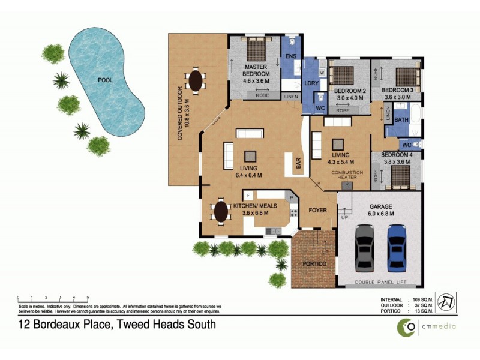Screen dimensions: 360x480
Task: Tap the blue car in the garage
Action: pyautogui.click(x=396, y=246)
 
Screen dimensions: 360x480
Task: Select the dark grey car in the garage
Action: pyautogui.click(x=366, y=247)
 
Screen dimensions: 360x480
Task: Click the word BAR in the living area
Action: pyautogui.click(x=297, y=163)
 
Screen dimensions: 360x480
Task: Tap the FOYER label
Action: pyautogui.click(x=317, y=211)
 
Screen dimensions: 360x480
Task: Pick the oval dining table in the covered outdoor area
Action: pyautogui.click(x=196, y=79)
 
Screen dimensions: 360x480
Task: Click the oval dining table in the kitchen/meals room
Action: pyautogui.click(x=220, y=212)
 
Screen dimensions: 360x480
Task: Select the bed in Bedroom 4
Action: pyautogui.click(x=399, y=176)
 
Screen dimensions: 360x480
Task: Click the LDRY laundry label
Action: pyautogui.click(x=311, y=83)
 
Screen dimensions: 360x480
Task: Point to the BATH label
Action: pyautogui.click(x=401, y=119)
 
